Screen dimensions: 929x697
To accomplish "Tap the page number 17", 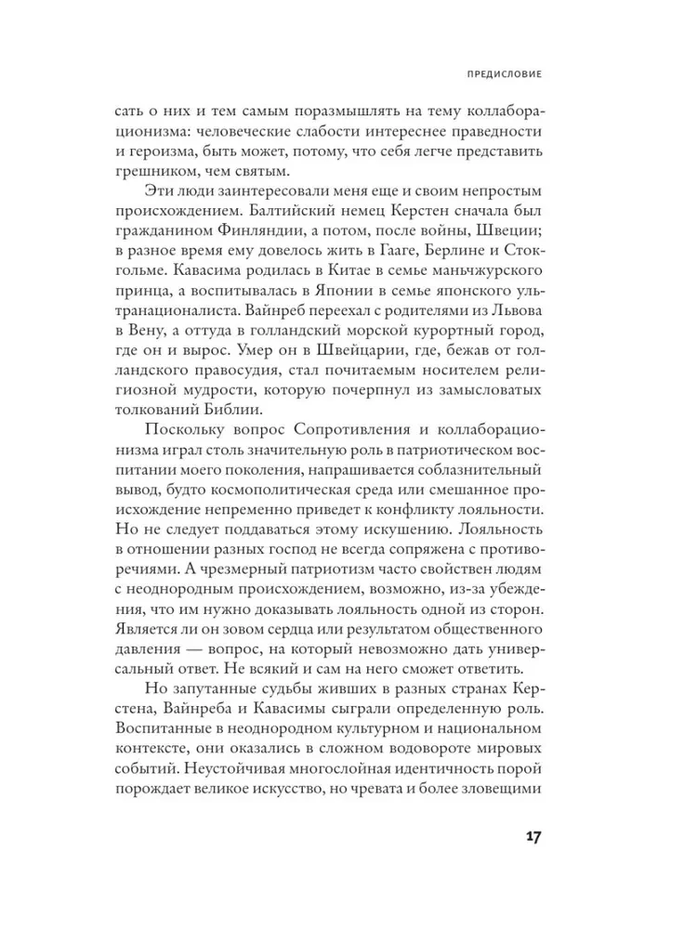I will pos(527,836).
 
